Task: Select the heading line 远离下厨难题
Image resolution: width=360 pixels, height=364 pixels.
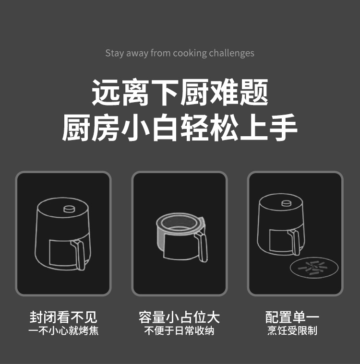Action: coord(180,93)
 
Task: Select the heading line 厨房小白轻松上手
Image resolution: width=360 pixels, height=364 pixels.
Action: coord(180,128)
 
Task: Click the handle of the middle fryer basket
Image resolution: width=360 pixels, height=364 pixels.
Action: coord(202,246)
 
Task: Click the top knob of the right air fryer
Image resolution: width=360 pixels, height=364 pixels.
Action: coord(287,203)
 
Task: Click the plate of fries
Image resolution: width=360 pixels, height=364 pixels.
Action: coord(314,268)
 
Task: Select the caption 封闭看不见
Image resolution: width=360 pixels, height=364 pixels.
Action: coord(63,317)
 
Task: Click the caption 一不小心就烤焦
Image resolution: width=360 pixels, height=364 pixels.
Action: coord(63,330)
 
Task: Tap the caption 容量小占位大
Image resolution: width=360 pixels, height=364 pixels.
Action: coord(179,317)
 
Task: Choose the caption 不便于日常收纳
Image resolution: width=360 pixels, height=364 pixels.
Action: coord(179,330)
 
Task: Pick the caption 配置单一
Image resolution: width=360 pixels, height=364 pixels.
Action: coord(292,317)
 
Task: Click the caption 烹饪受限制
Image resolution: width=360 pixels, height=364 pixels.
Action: coord(292,330)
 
